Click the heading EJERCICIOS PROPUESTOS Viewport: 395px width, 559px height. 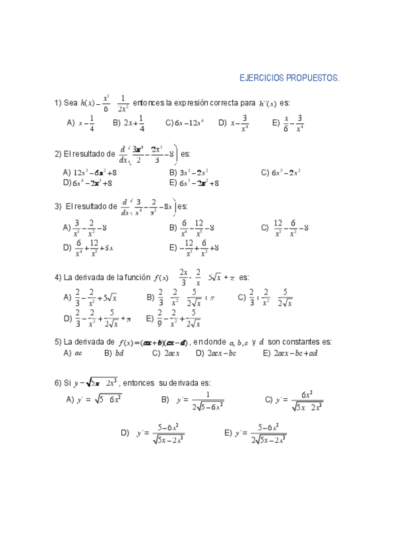(x=289, y=78)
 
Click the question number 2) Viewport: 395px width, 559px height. (x=58, y=154)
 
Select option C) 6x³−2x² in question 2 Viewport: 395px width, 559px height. (x=281, y=173)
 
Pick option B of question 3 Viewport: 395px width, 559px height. (x=191, y=228)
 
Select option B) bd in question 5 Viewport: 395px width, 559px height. (x=115, y=353)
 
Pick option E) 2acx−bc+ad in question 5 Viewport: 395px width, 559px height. (x=290, y=353)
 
